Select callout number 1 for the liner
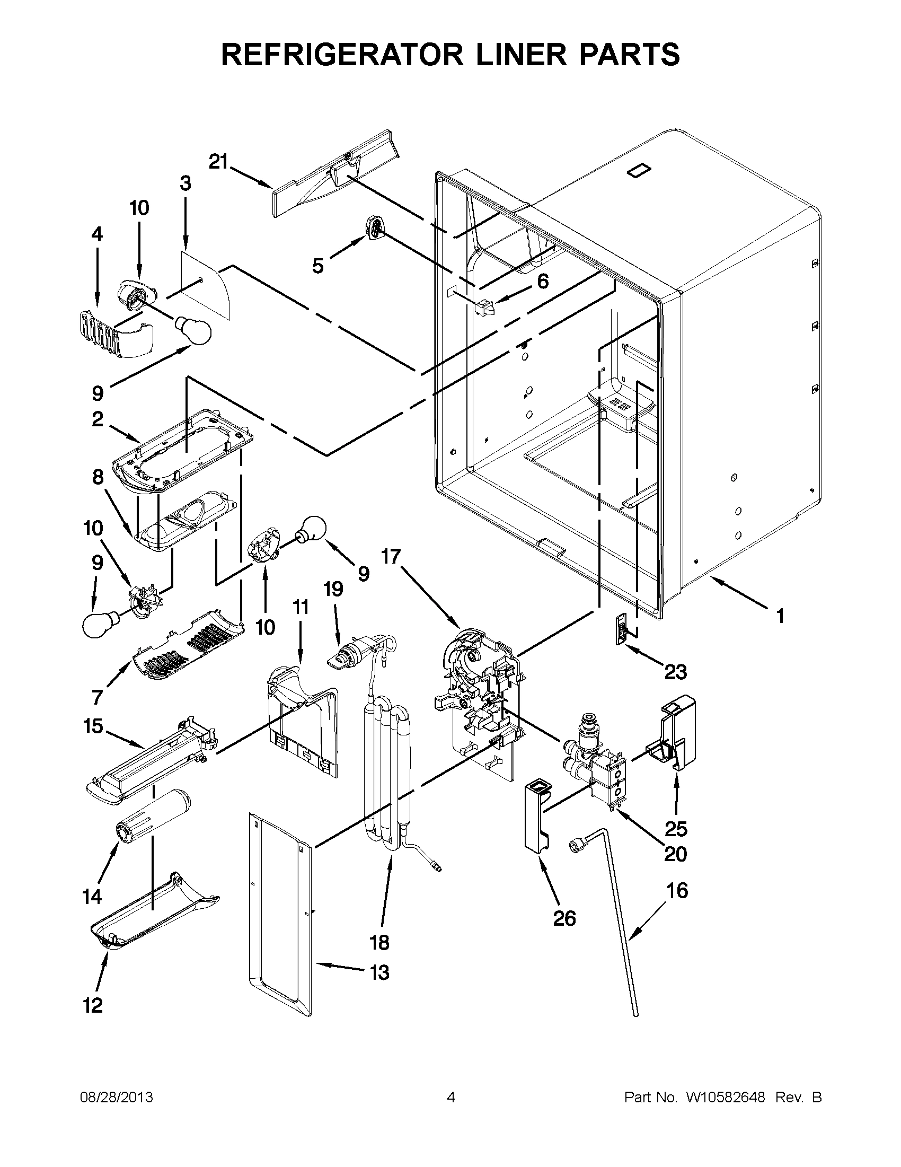(x=780, y=616)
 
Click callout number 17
(x=391, y=557)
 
